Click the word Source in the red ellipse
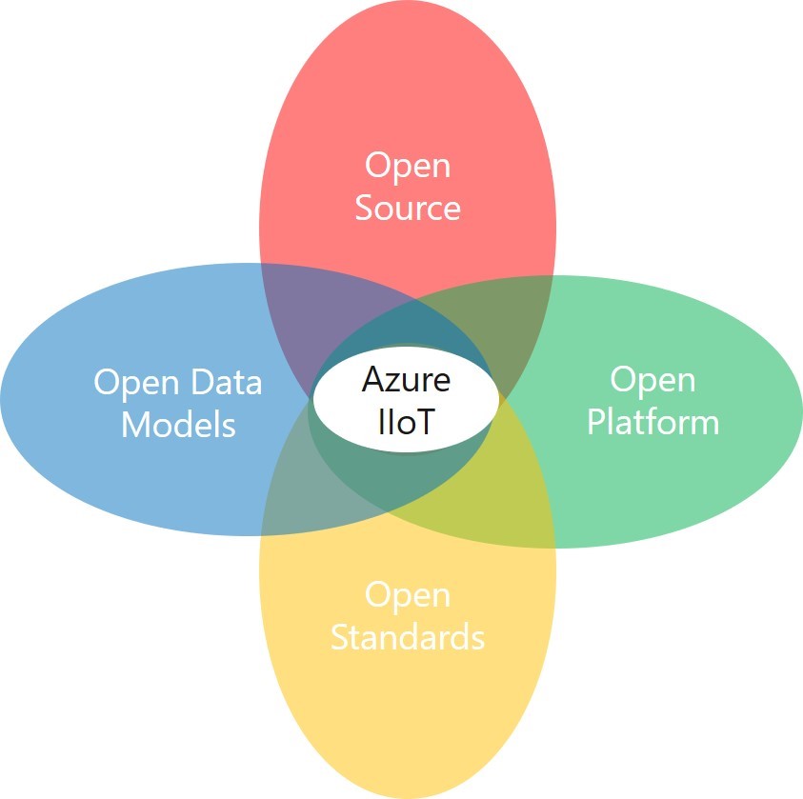(x=408, y=208)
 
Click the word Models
(x=178, y=424)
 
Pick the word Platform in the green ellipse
(x=652, y=421)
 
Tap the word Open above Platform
(x=652, y=379)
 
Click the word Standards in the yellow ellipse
(x=408, y=636)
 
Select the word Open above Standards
(x=408, y=594)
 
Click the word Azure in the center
(x=406, y=379)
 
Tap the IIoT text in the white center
(x=406, y=420)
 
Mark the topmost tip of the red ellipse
(x=408, y=4)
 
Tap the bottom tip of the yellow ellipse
(x=408, y=795)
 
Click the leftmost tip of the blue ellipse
(x=4, y=398)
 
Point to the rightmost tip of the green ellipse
(x=799, y=411)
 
